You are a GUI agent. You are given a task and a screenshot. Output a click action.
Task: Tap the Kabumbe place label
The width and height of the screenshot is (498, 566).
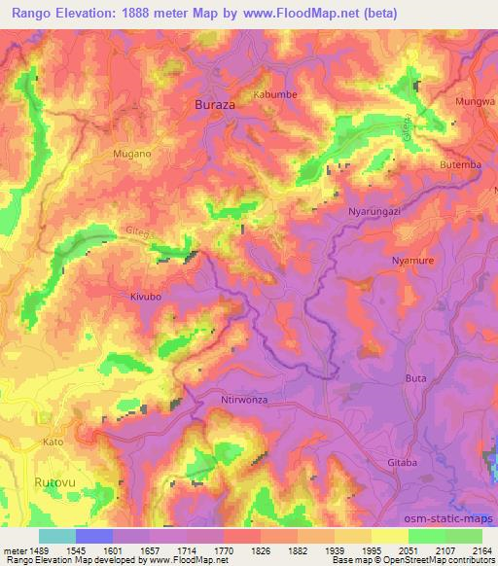point(275,94)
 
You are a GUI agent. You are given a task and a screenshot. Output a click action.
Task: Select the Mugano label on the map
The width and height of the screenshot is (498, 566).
point(133,154)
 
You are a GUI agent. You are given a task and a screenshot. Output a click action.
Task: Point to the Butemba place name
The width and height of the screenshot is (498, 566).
point(461,164)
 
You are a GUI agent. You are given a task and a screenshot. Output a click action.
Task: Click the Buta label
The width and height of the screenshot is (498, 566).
point(415,376)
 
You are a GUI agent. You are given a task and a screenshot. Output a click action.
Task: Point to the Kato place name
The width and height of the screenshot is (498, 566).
point(53,442)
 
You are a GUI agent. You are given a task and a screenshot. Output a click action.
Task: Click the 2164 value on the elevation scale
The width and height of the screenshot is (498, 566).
point(481,549)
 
